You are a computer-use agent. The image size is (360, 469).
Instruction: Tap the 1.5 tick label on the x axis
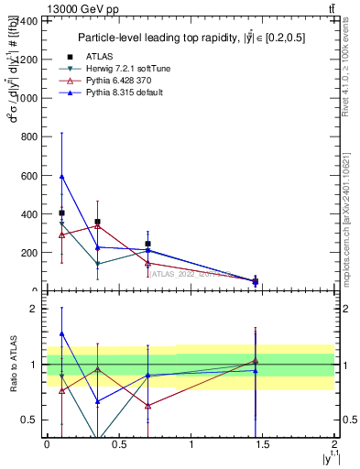(263, 444)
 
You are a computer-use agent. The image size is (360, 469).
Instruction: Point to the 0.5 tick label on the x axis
(119, 444)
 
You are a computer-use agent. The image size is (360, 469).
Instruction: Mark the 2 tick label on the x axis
(335, 444)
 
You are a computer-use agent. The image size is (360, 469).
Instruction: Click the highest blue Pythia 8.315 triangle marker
(61, 176)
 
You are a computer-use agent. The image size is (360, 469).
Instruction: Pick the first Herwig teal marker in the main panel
(61, 224)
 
